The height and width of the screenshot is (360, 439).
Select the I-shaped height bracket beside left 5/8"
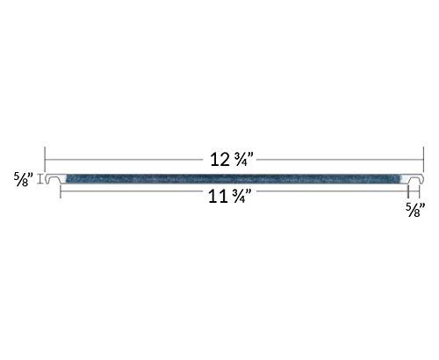(40, 179)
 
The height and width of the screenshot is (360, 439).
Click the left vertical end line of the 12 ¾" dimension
(45, 161)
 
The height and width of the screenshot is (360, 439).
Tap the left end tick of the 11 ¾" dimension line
(60, 194)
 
